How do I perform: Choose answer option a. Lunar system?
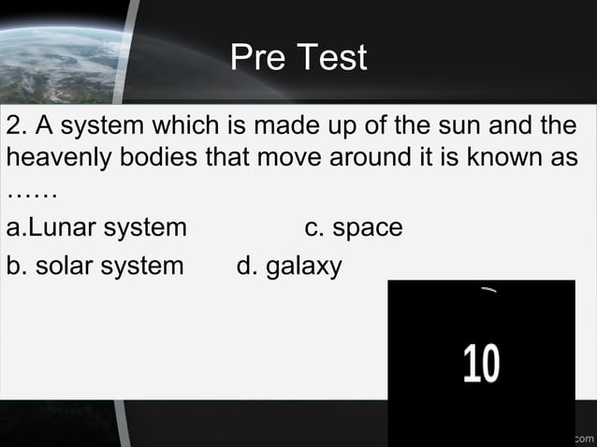point(96,227)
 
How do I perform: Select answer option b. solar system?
point(95,266)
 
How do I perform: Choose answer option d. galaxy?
point(289,267)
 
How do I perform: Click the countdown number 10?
point(481,364)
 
